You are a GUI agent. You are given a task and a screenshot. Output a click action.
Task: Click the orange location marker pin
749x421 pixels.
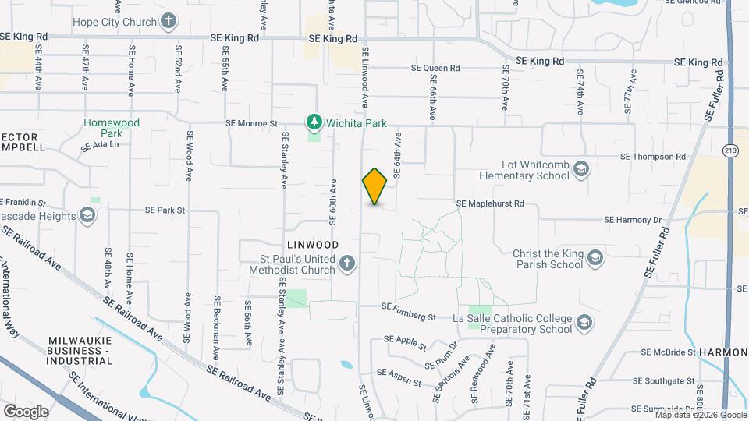point(374,186)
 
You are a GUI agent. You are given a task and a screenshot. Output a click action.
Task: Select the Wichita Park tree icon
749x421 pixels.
point(314,122)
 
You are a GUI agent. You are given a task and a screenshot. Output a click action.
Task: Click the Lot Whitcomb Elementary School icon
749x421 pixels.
point(581,169)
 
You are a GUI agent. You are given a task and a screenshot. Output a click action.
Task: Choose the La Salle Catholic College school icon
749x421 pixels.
point(583,322)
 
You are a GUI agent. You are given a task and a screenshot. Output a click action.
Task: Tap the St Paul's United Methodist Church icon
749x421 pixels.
point(349,265)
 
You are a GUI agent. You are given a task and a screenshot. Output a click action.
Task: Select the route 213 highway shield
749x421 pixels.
point(730,150)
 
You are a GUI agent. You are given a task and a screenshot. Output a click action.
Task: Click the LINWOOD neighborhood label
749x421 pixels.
point(311,245)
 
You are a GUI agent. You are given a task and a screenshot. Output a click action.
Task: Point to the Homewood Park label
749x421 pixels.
point(112,128)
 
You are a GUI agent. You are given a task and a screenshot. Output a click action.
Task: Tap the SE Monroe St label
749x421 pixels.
point(251,123)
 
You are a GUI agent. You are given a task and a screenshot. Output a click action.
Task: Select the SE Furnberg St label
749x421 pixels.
point(408,317)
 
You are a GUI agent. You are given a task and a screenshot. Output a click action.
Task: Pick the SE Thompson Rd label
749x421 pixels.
point(652,157)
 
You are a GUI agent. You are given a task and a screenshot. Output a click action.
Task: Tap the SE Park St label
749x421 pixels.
point(165,210)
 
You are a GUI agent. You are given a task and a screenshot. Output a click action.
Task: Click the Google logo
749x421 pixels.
point(26,411)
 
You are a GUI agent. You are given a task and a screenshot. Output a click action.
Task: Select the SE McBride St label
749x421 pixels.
point(668,352)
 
